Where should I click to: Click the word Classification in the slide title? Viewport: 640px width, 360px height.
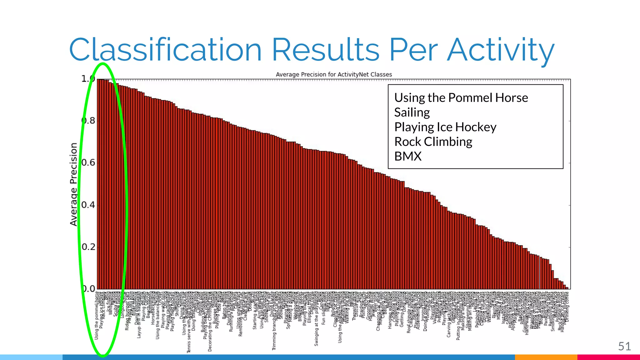tap(165, 50)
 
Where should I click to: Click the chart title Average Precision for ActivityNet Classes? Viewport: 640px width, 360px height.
tap(334, 74)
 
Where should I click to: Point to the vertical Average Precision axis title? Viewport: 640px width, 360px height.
tap(73, 184)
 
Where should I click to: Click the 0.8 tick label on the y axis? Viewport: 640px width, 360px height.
tap(89, 121)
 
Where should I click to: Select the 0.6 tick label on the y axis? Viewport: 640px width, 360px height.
tap(89, 163)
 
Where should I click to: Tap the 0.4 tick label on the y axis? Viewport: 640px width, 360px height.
tap(89, 205)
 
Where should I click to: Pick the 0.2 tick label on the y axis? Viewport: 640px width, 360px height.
tap(89, 247)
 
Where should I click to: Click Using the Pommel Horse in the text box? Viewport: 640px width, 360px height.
tap(461, 98)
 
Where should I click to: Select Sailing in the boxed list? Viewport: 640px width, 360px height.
tap(412, 112)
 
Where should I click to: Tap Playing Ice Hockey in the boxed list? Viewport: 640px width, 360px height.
tap(445, 127)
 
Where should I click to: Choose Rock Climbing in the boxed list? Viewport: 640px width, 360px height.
tap(433, 142)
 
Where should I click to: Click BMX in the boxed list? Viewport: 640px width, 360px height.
tap(408, 156)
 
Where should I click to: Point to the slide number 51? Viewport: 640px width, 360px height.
tap(624, 346)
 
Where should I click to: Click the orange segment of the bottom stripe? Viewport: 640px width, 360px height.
tap(546, 357)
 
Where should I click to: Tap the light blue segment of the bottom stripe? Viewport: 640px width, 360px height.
tap(31, 357)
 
